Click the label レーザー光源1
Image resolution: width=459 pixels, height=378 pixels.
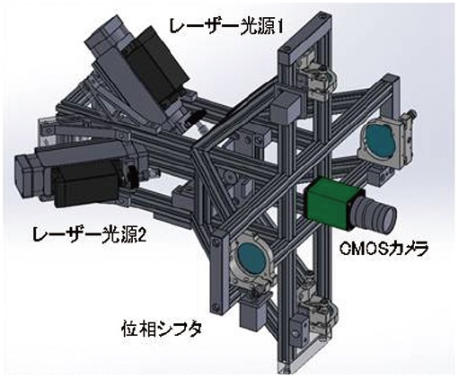[225, 26]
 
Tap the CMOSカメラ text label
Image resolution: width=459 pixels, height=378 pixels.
[384, 248]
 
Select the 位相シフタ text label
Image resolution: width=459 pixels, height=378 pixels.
[162, 330]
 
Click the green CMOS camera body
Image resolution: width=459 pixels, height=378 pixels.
[329, 204]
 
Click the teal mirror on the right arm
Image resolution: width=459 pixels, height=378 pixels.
[381, 140]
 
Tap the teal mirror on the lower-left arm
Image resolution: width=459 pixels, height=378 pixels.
[252, 258]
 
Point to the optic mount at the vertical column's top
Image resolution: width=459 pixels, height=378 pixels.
[318, 78]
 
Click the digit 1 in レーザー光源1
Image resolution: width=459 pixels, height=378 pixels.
[278, 27]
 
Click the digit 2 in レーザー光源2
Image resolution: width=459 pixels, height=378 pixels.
[142, 234]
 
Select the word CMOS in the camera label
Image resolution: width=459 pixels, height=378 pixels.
[362, 249]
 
